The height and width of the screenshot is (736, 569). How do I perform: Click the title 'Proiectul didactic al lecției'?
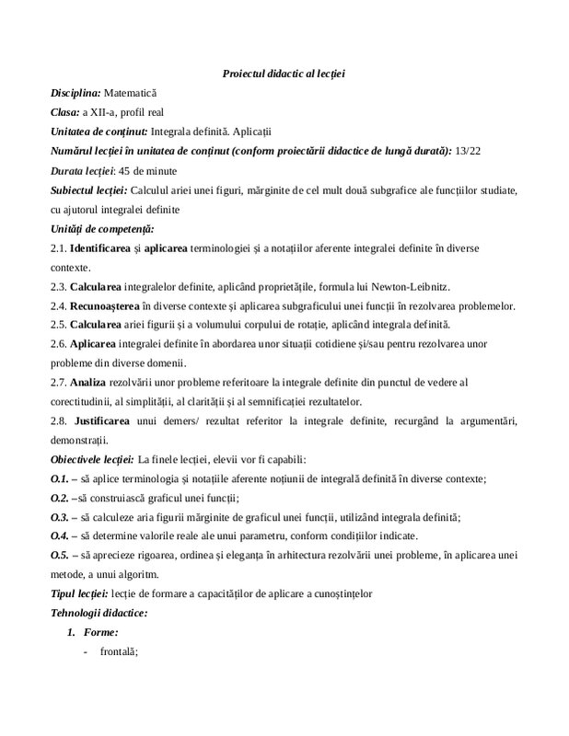coord(284,73)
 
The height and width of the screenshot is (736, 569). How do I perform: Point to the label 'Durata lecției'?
coord(81,170)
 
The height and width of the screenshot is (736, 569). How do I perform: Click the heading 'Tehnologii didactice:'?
coord(99,612)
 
